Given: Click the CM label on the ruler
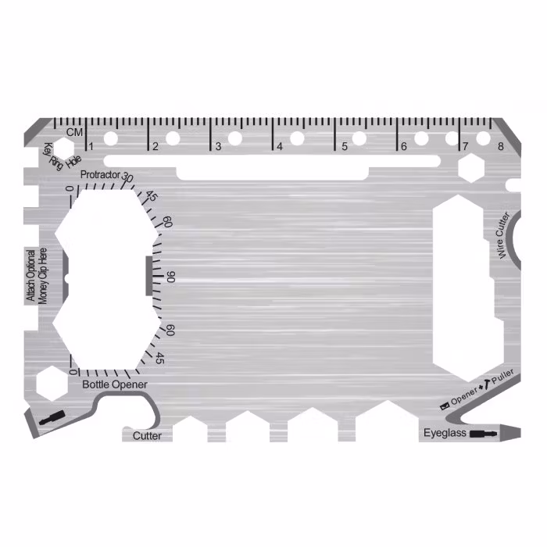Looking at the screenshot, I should coord(74,132).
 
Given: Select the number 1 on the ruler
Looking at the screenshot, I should coord(92,146).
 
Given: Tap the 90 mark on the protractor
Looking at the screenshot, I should coord(171,277).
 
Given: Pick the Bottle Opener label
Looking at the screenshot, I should coord(114,384).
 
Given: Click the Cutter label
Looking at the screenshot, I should coord(147,435).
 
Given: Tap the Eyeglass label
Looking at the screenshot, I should coord(445,432).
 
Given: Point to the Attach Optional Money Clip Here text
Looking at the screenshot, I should coord(37,275).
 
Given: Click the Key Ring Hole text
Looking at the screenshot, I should coord(62,156).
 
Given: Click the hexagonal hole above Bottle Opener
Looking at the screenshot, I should coord(51,382).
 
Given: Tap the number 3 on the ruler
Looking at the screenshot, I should coord(218,146).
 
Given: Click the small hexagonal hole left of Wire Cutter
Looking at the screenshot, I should coord(471,167).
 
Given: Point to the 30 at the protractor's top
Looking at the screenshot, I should coord(128,178).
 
